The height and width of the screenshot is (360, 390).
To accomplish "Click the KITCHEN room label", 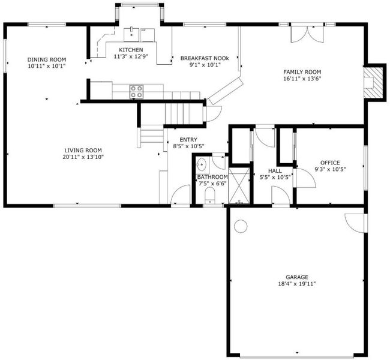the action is [x=131, y=50].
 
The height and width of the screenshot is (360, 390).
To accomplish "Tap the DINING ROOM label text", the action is [x=47, y=59].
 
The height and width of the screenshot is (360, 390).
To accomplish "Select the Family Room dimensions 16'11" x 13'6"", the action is [x=302, y=79].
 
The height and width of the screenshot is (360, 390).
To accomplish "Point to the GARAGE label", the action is [x=297, y=277].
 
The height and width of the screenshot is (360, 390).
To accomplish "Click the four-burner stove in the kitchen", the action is [x=136, y=92].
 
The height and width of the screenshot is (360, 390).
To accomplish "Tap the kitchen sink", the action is [x=131, y=35].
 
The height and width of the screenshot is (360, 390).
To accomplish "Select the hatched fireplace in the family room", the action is [x=373, y=83].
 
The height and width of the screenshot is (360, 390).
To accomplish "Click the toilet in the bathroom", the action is [x=210, y=196].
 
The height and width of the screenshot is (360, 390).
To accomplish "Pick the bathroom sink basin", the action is [x=202, y=165].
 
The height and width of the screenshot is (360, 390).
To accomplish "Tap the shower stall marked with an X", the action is [x=239, y=185].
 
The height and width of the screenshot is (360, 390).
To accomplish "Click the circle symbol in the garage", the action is [x=241, y=226].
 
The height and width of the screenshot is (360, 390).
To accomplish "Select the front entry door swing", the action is [x=181, y=195].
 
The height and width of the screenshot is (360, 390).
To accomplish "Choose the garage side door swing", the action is [x=355, y=223].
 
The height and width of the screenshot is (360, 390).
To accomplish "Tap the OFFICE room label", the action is [x=330, y=163].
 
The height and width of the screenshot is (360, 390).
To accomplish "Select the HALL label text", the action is [x=275, y=171].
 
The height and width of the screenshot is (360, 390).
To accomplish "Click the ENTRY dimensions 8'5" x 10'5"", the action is [x=188, y=146].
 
